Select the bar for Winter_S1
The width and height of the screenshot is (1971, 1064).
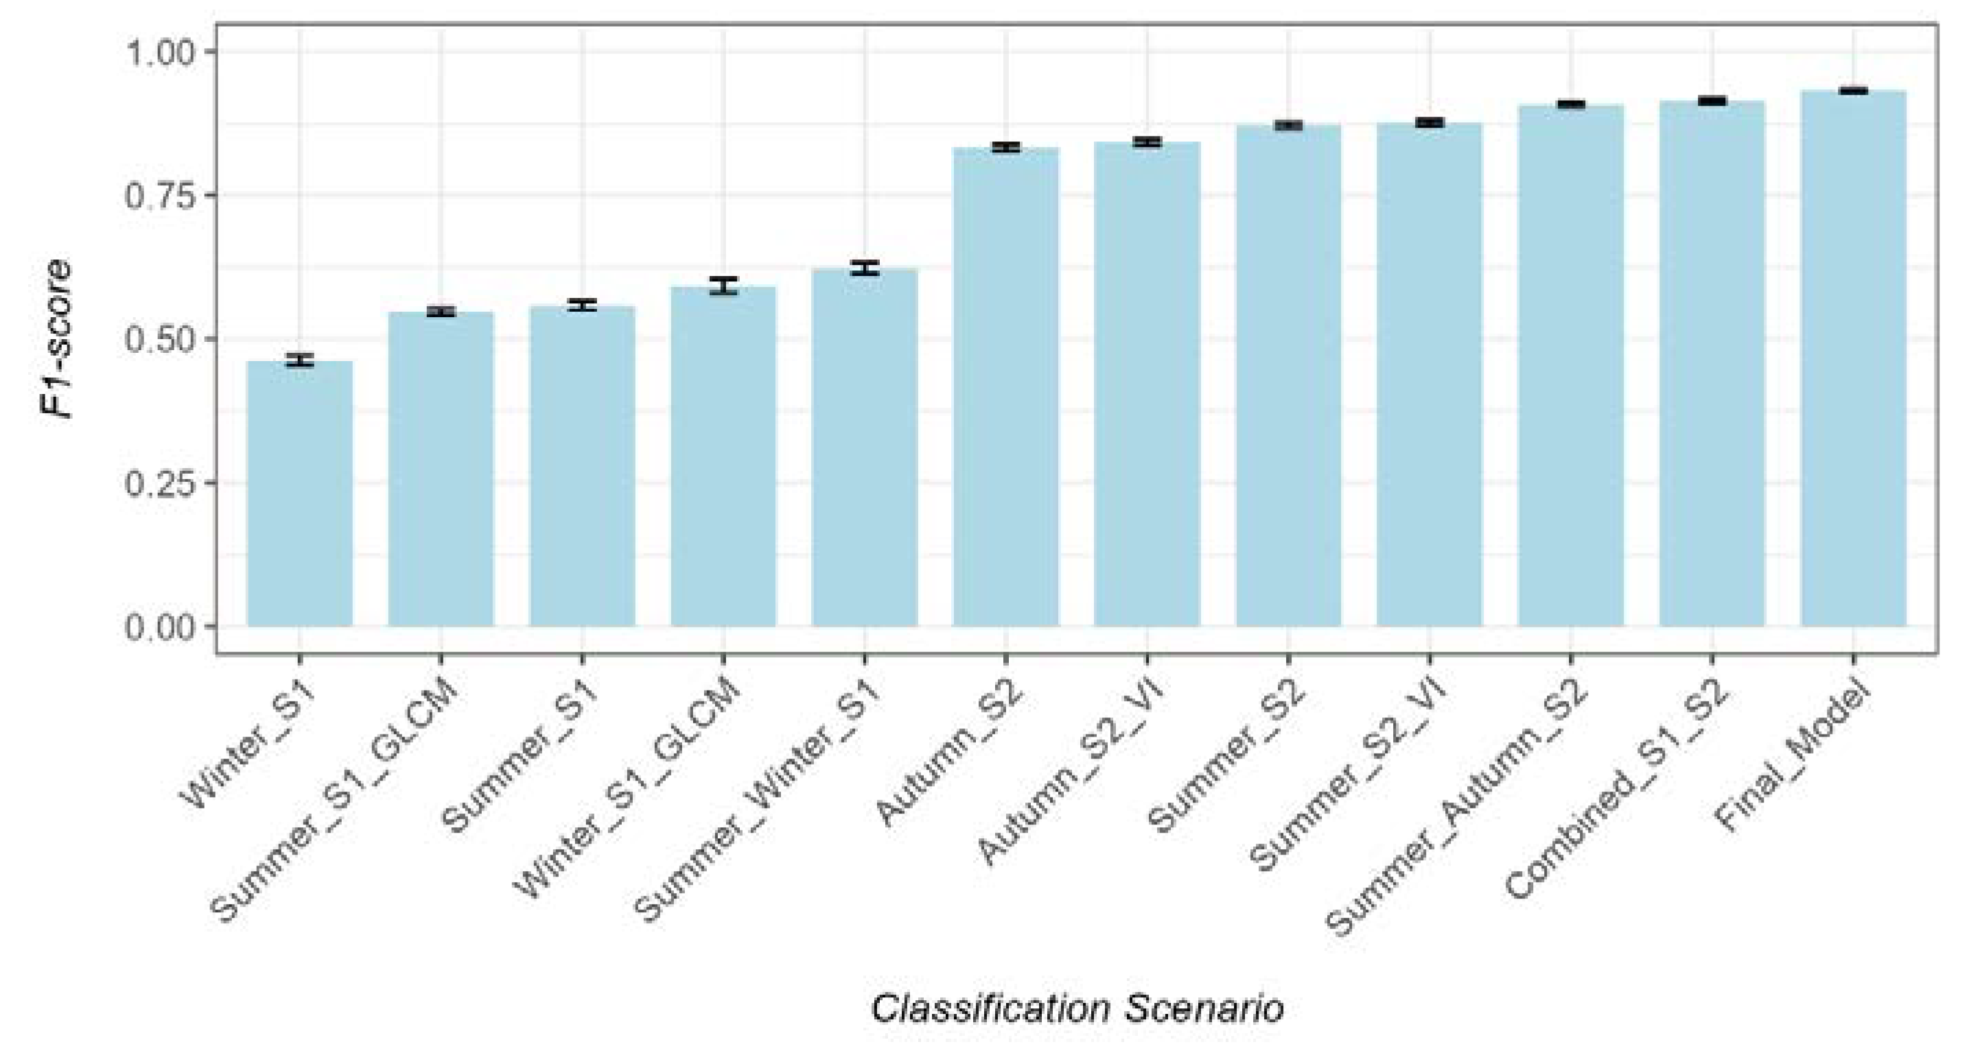click(300, 494)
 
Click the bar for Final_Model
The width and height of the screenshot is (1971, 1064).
click(1853, 360)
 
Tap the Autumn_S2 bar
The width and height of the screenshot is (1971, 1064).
click(1005, 386)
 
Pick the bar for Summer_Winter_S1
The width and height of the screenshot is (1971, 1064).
click(865, 448)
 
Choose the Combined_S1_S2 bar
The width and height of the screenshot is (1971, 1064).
click(1712, 364)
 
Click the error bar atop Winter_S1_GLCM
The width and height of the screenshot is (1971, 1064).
click(723, 286)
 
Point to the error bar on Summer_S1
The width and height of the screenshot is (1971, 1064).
click(582, 305)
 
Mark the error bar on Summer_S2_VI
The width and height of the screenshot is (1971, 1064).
click(1430, 122)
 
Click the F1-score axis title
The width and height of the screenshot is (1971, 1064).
click(57, 338)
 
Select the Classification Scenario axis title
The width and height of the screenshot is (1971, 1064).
click(1077, 1009)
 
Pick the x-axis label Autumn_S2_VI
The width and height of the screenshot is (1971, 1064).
click(1071, 773)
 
